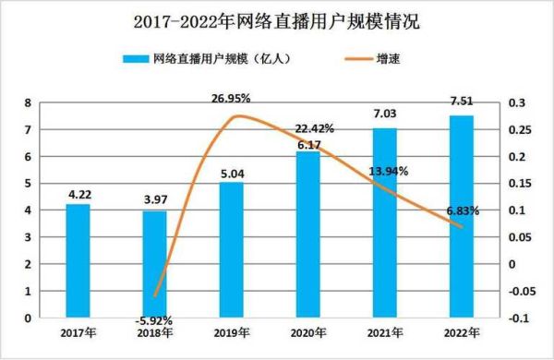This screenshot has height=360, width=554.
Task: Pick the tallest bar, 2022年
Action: [x=461, y=217]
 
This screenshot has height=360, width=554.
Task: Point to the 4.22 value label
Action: [x=78, y=195]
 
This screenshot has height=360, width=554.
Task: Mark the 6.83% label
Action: [x=462, y=211]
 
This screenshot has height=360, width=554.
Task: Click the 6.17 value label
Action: [x=307, y=145]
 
